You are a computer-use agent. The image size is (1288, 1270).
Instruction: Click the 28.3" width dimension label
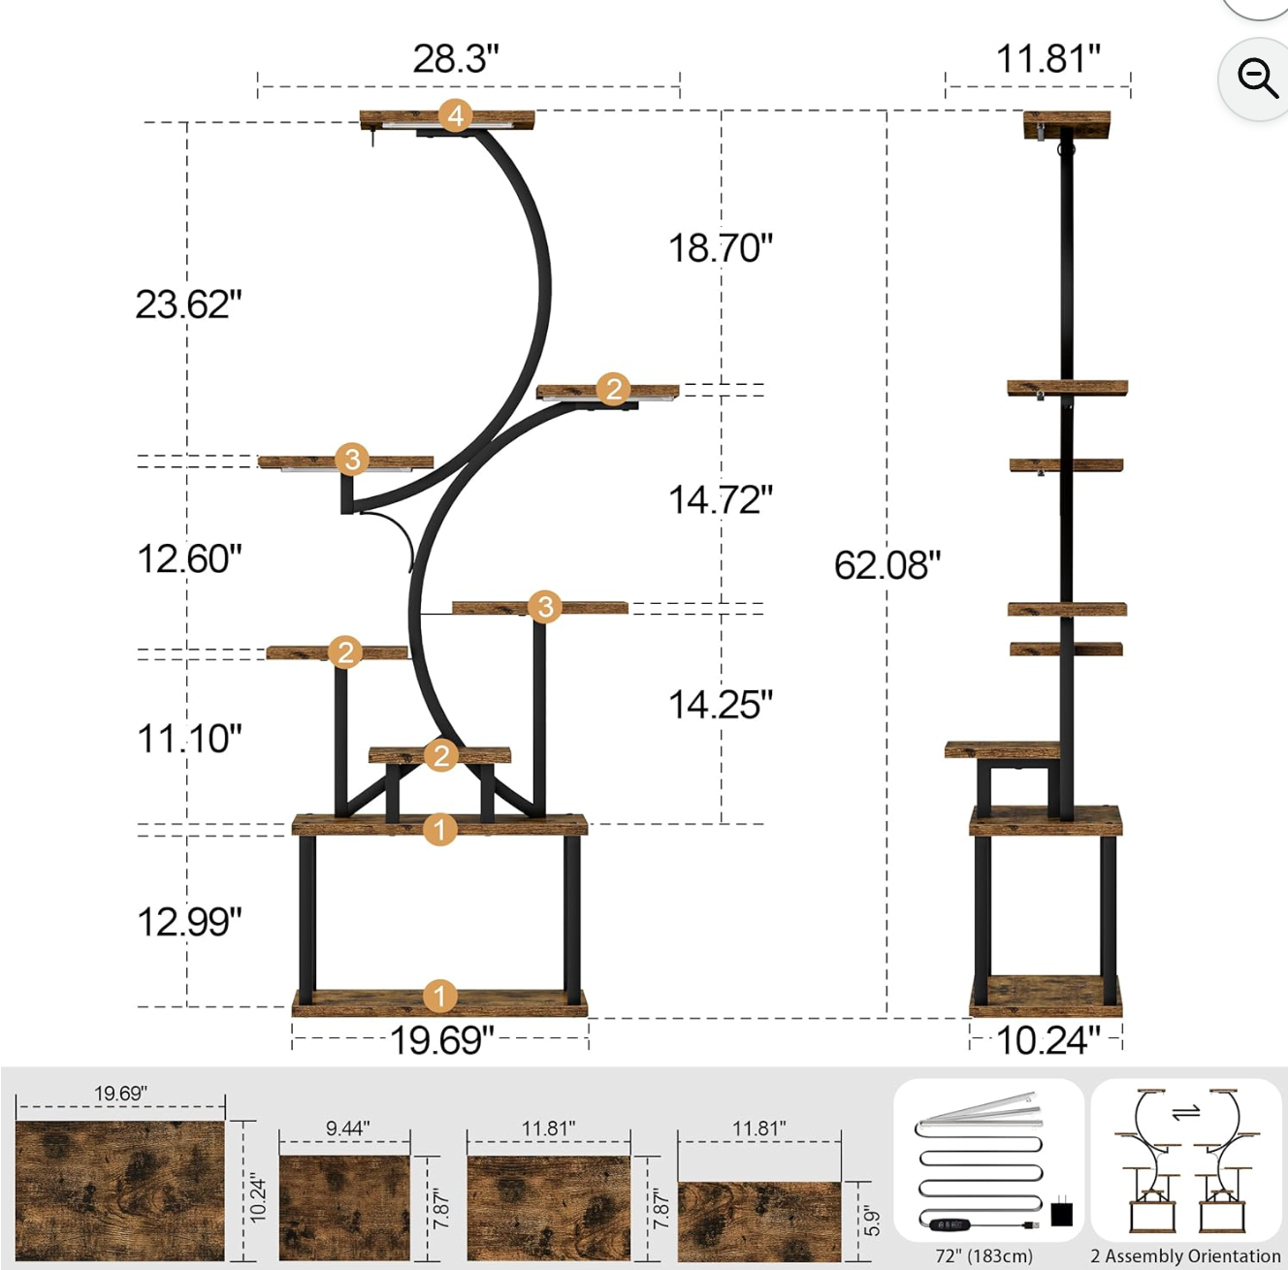pos(456,59)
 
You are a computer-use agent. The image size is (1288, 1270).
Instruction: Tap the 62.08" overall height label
pos(887,565)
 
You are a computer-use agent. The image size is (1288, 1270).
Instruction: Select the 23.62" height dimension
pos(188,304)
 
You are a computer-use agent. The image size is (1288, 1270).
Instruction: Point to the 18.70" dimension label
pos(721,248)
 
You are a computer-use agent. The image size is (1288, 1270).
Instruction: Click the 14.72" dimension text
pos(721,499)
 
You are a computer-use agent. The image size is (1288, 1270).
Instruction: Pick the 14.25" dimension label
pos(721,705)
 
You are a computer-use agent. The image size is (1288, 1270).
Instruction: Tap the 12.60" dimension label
pos(189,558)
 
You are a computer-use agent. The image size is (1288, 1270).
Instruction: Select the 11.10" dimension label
pos(189,739)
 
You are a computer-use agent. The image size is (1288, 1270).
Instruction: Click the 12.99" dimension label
pos(189,922)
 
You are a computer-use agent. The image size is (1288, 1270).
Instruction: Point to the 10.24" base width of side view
pos(1048,1041)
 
